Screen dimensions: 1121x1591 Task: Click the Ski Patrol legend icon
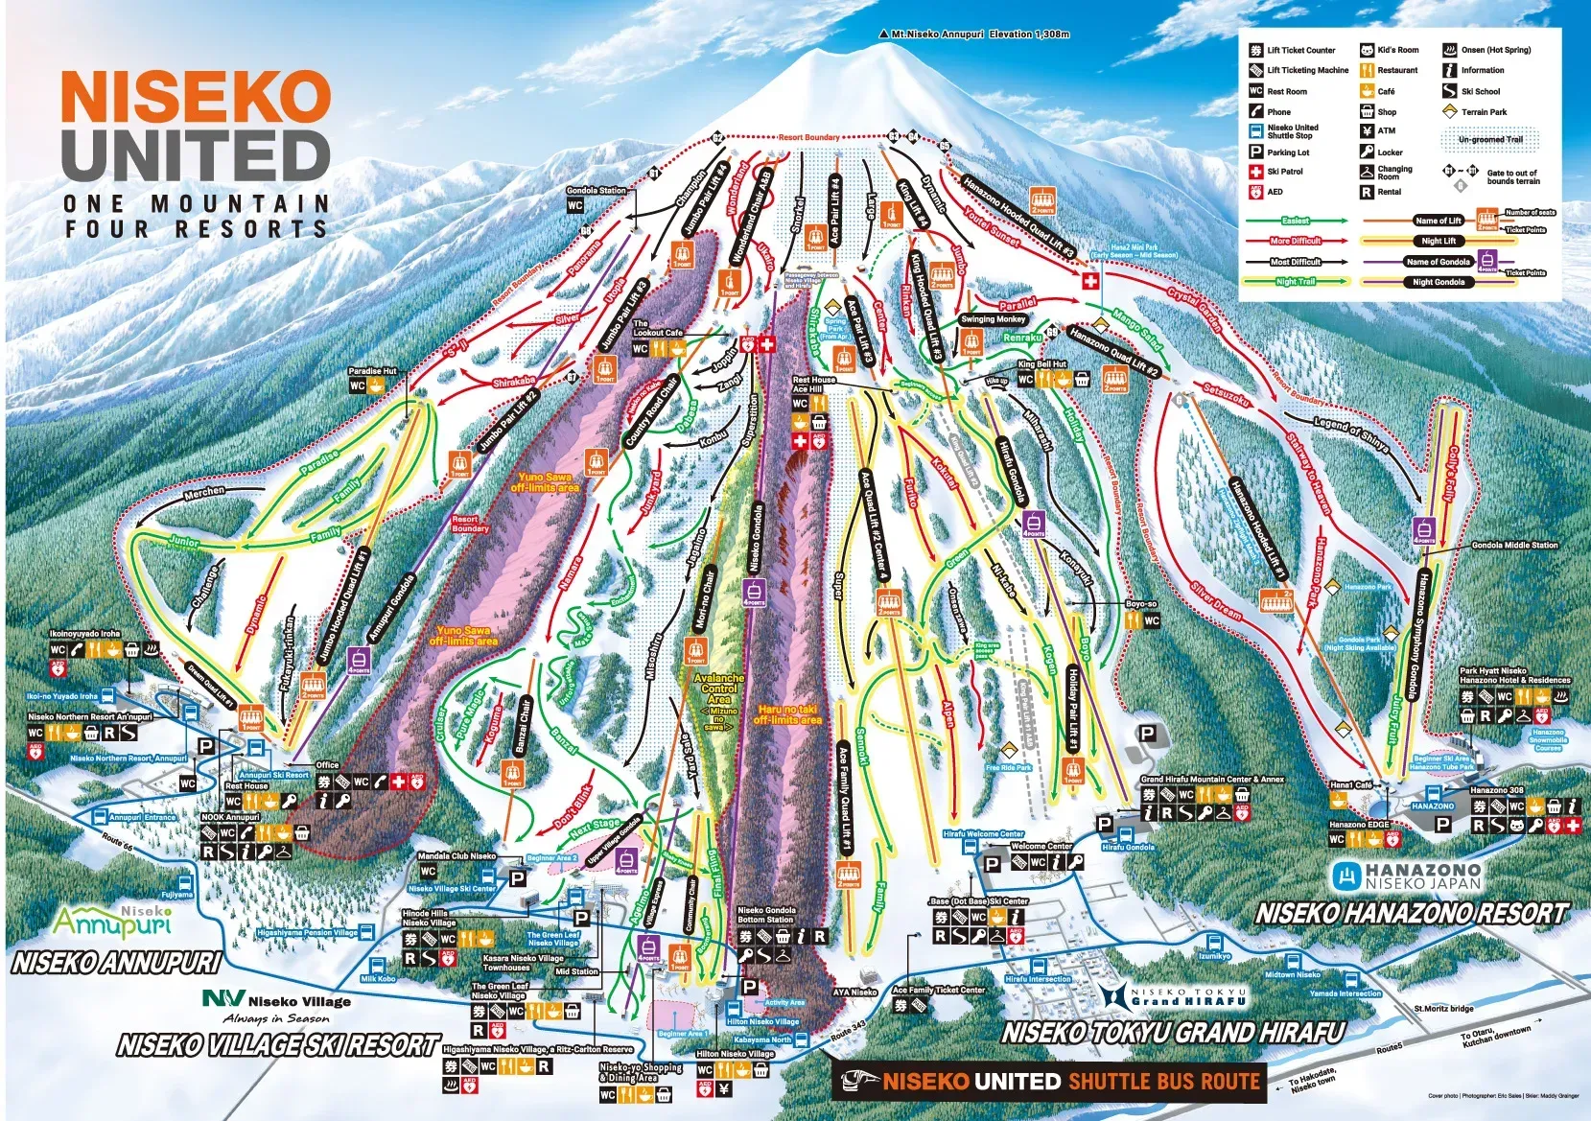click(x=1255, y=172)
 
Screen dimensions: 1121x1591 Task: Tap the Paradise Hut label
click(x=373, y=371)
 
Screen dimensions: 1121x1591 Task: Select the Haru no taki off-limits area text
click(x=786, y=713)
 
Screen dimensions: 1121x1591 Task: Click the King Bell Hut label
click(x=1041, y=364)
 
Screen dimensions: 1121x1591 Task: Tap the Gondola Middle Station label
click(x=1514, y=546)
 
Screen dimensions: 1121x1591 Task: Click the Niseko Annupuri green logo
click(x=112, y=921)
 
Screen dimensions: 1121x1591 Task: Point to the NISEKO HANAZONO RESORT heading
click(x=1411, y=914)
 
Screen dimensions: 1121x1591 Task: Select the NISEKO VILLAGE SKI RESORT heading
click(x=278, y=1045)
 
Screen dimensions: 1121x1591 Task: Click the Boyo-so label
click(x=1141, y=604)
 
